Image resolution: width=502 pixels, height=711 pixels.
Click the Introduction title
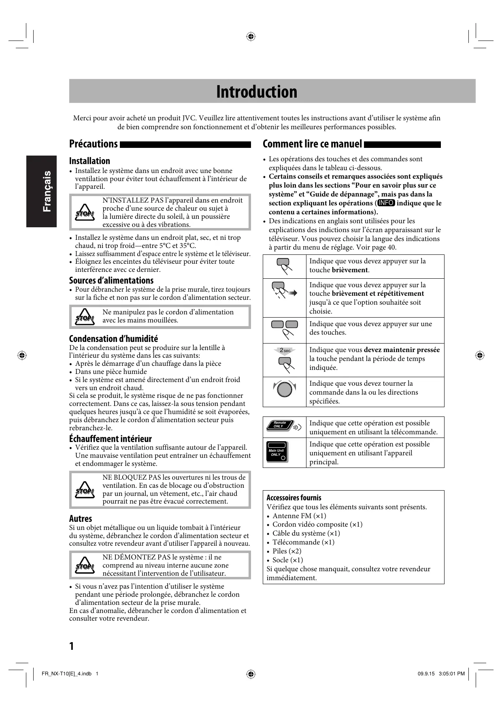(257, 92)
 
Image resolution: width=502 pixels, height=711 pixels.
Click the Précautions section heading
(94, 144)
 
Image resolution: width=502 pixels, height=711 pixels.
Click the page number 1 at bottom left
(72, 646)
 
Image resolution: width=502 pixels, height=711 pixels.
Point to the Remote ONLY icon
(284, 426)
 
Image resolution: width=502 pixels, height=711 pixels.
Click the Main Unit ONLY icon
(277, 452)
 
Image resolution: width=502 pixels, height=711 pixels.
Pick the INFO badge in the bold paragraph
(386, 203)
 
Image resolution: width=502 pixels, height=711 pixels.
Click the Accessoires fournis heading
(294, 498)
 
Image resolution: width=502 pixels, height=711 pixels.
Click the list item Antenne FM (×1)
(299, 516)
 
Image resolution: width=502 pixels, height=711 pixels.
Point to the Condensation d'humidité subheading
(113, 339)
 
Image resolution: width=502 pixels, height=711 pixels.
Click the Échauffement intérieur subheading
(110, 439)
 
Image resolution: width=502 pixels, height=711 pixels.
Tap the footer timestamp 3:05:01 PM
(451, 674)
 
